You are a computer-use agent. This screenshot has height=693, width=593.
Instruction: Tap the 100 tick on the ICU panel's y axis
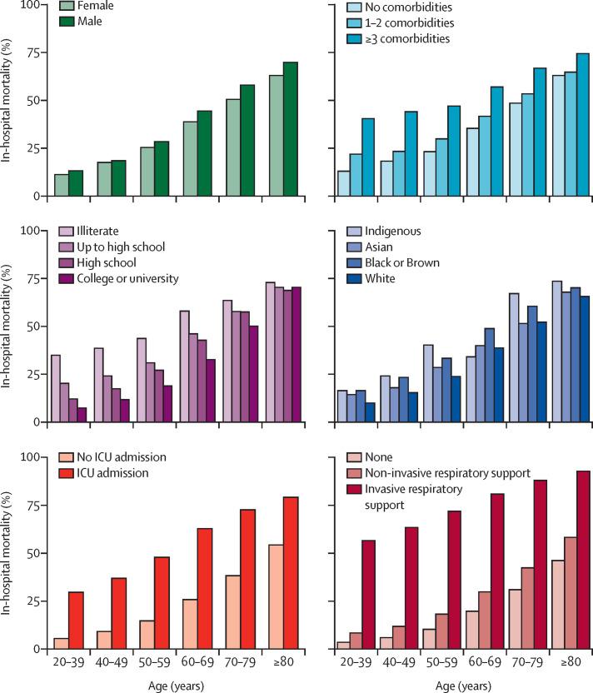32,457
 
